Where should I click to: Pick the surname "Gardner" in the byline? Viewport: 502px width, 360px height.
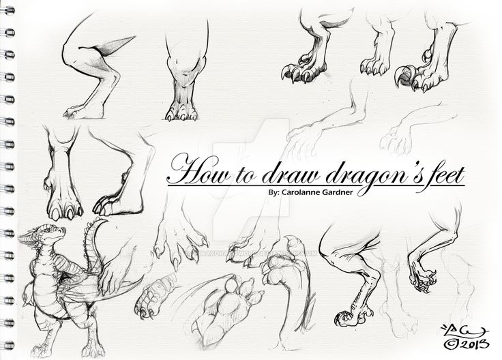click(340, 194)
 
